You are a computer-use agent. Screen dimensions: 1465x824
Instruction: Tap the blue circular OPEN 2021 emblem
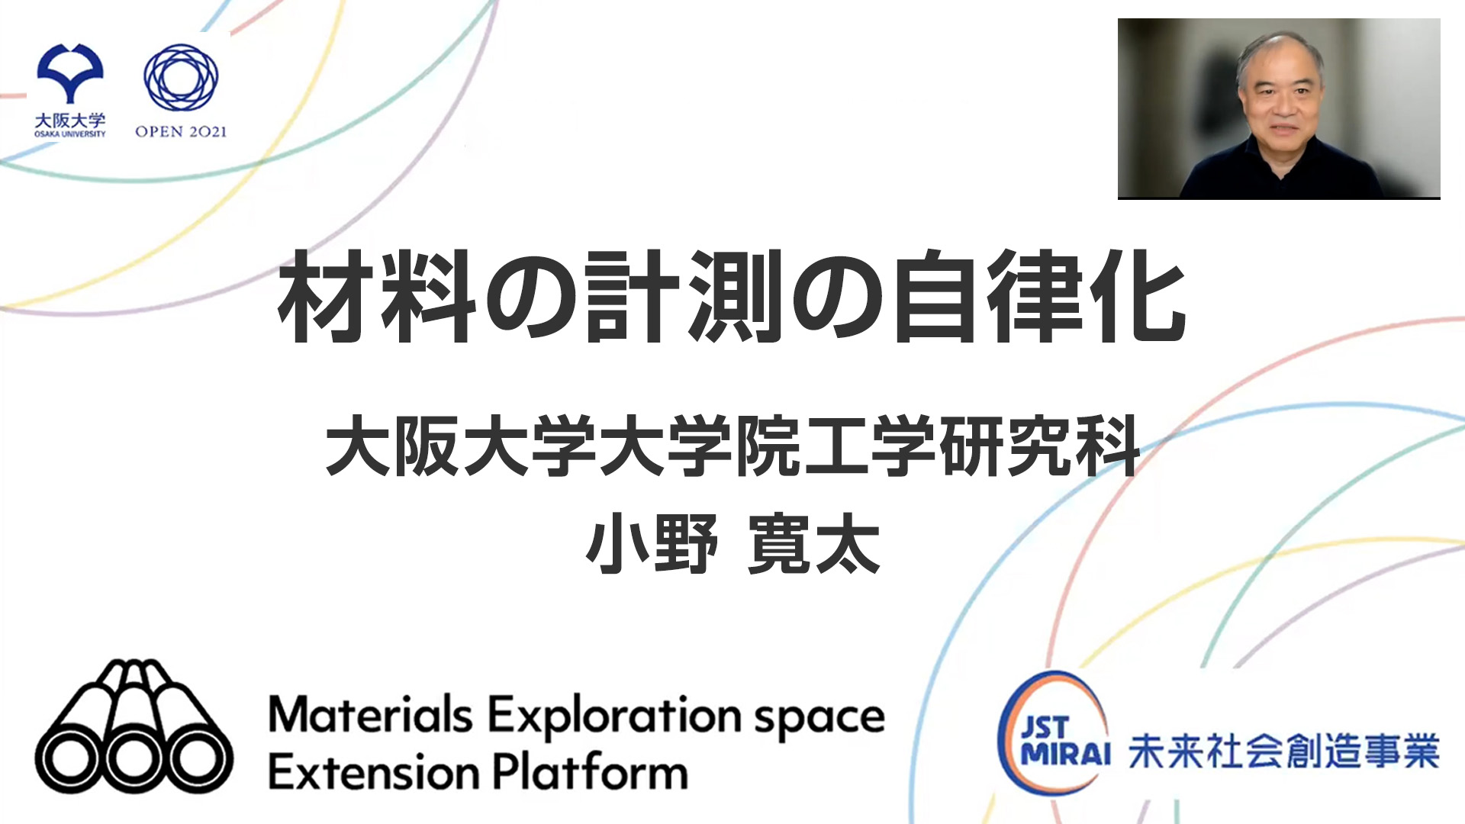point(181,77)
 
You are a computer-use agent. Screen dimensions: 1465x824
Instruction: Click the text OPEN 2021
point(181,132)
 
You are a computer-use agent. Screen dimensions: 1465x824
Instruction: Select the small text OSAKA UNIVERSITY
point(70,134)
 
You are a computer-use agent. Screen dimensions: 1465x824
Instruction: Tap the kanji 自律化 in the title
point(1039,297)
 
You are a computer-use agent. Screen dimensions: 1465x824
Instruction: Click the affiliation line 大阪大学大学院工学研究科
point(732,446)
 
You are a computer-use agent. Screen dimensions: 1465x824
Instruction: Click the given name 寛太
point(814,545)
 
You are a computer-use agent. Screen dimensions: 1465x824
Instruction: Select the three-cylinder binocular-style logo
point(134,727)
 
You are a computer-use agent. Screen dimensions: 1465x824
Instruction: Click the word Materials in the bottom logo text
point(370,716)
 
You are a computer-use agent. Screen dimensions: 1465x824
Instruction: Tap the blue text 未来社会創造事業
point(1283,752)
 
